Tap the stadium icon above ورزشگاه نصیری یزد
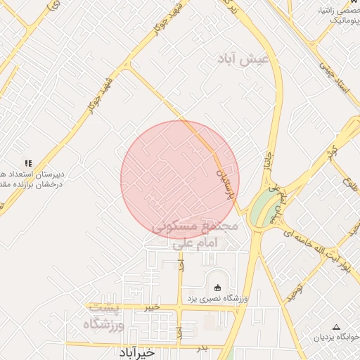(x=217, y=287)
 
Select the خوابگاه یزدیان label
(x=335, y=338)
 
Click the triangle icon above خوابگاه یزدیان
(x=336, y=328)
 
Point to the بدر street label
(x=202, y=348)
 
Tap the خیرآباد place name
(x=152, y=351)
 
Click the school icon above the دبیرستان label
(x=28, y=163)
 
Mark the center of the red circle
(x=180, y=180)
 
